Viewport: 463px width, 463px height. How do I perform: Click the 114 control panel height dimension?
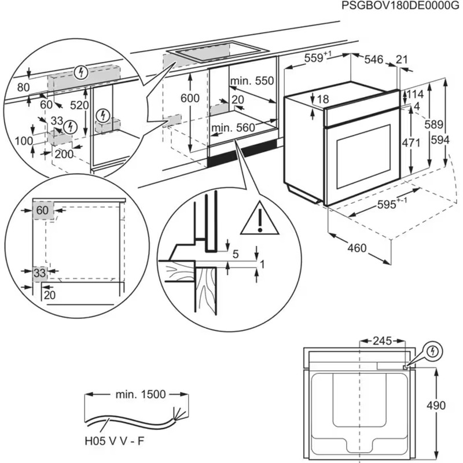tap(415, 94)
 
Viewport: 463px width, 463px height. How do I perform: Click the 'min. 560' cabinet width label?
tap(233, 127)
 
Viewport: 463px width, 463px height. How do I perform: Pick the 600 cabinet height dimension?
tap(190, 98)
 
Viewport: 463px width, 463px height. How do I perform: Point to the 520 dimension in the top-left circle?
tap(79, 105)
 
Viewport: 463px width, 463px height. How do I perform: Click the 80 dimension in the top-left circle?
tap(23, 88)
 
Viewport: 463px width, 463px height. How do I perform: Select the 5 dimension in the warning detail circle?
tap(236, 253)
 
